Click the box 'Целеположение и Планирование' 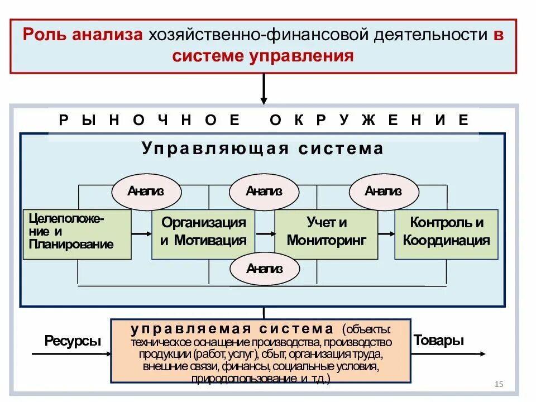click(77, 234)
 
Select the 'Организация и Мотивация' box click(203, 234)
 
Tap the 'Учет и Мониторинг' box click(327, 234)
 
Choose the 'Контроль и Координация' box click(446, 234)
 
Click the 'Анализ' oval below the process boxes click(264, 269)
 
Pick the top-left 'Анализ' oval click(146, 192)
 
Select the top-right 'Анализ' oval click(383, 192)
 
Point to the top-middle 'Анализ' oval click(264, 192)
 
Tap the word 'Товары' click(439, 341)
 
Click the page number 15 click(499, 384)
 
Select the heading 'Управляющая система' click(262, 149)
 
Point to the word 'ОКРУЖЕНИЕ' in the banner click(369, 120)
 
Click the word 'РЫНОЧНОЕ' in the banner click(150, 120)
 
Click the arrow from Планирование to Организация click(141, 233)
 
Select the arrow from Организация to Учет click(265, 233)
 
